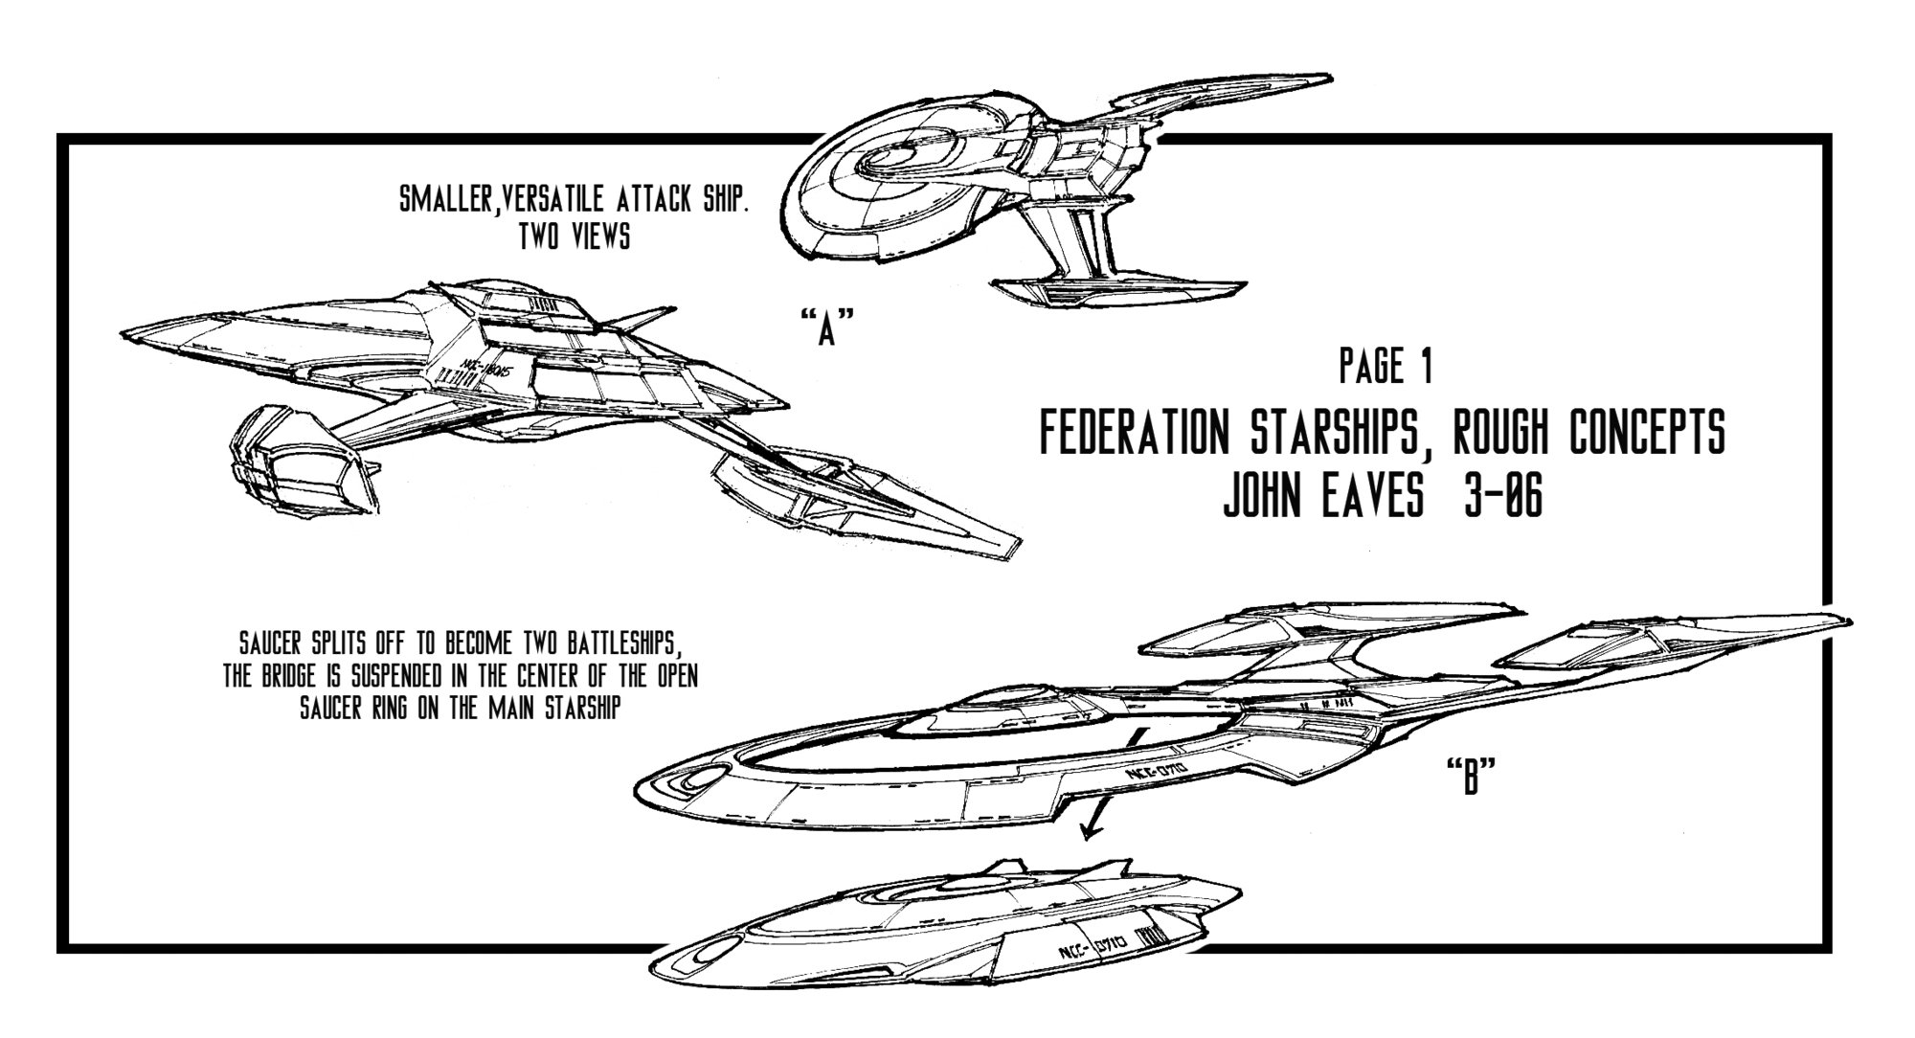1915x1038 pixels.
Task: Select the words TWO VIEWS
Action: point(574,237)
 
